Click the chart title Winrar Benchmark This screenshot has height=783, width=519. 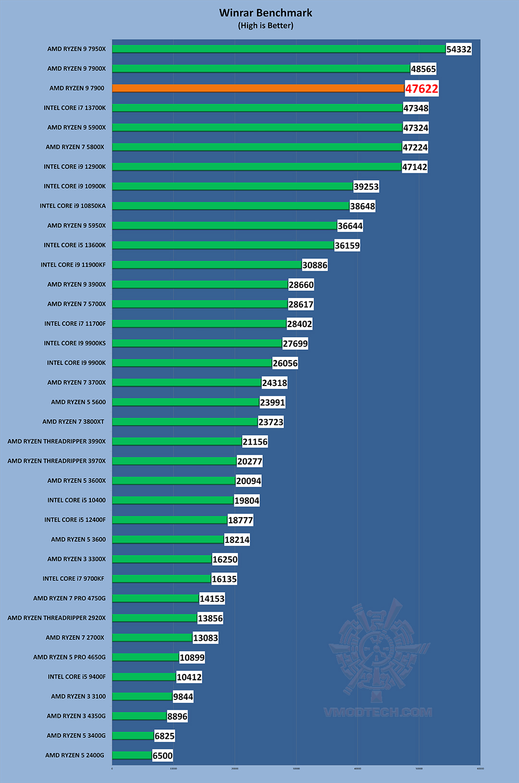[x=266, y=13]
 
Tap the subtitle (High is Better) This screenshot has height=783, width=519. [x=266, y=25]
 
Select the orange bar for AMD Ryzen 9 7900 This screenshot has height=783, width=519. [x=258, y=88]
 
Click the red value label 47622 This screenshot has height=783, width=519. [x=421, y=89]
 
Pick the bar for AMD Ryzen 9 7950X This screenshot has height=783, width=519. [x=279, y=49]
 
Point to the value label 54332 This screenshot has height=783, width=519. [x=458, y=49]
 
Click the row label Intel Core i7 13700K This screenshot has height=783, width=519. [x=74, y=108]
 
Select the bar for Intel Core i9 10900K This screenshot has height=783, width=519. [x=233, y=186]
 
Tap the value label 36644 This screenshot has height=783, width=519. [x=350, y=226]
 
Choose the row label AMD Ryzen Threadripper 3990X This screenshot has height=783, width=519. [x=57, y=441]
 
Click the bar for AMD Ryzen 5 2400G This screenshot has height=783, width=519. [x=132, y=755]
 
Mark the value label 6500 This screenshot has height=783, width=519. [x=162, y=756]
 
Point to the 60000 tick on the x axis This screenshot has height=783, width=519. [x=480, y=769]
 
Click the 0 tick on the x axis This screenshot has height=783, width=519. [x=112, y=769]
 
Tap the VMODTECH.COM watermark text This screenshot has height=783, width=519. [x=378, y=712]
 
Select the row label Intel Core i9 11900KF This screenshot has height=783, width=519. [x=73, y=265]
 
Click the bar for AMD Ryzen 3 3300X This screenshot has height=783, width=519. [x=162, y=559]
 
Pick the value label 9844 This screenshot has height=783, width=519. [x=183, y=697]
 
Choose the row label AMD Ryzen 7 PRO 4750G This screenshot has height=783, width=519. [x=69, y=598]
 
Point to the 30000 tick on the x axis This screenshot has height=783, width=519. [x=297, y=769]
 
